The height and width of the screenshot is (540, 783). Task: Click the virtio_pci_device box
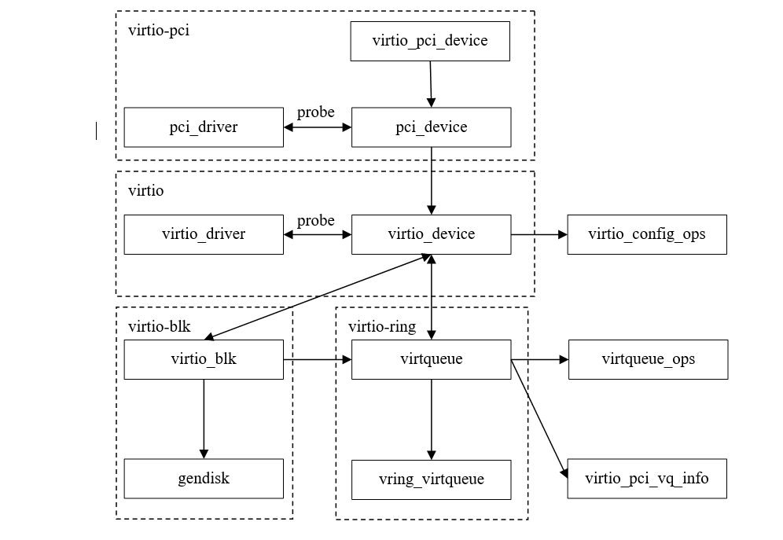430,41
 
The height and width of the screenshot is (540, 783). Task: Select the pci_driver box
204,127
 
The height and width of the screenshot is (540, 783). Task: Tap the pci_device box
431,127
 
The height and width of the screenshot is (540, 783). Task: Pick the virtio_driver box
204,234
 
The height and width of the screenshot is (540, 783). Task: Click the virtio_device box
431,234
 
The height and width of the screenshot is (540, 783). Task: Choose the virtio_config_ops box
647,234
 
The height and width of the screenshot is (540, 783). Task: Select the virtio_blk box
204,360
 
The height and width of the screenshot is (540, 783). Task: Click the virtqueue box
431,360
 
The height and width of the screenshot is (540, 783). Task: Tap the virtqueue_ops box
648,360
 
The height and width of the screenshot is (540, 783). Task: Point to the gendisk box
204,479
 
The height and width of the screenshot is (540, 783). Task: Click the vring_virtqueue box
431,479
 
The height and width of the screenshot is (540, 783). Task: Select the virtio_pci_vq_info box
647,479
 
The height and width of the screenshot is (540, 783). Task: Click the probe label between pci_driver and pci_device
316,112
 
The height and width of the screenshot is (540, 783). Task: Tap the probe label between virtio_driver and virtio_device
316,221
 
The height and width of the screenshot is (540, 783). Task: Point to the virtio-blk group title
160,326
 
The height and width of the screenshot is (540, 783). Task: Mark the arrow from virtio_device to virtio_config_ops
539,234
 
